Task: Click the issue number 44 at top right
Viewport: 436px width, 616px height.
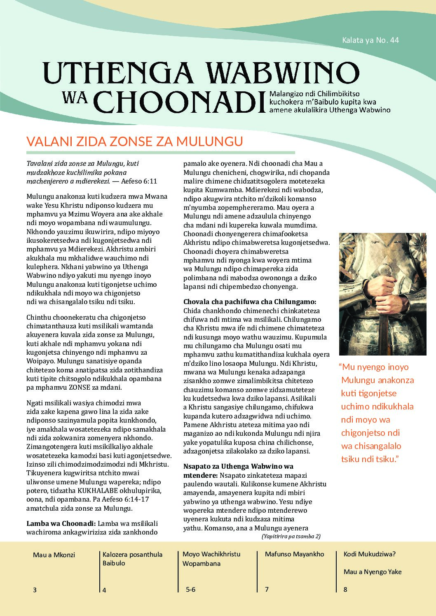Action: click(394, 40)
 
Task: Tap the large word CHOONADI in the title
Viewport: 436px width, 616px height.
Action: click(180, 101)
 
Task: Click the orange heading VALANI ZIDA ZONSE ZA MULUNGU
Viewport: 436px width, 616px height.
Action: click(134, 141)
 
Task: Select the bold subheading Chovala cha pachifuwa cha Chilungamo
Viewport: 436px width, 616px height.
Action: click(250, 302)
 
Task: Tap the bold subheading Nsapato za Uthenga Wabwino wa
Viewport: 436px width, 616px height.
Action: click(238, 466)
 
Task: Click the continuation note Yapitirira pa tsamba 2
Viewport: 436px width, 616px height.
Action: click(291, 536)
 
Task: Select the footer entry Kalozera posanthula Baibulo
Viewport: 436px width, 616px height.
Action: click(132, 558)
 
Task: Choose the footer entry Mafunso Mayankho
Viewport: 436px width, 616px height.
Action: click(294, 554)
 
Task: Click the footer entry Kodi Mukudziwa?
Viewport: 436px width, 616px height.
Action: click(369, 554)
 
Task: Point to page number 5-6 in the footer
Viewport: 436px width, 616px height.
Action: click(190, 589)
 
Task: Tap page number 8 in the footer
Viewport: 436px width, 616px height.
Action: click(345, 589)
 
